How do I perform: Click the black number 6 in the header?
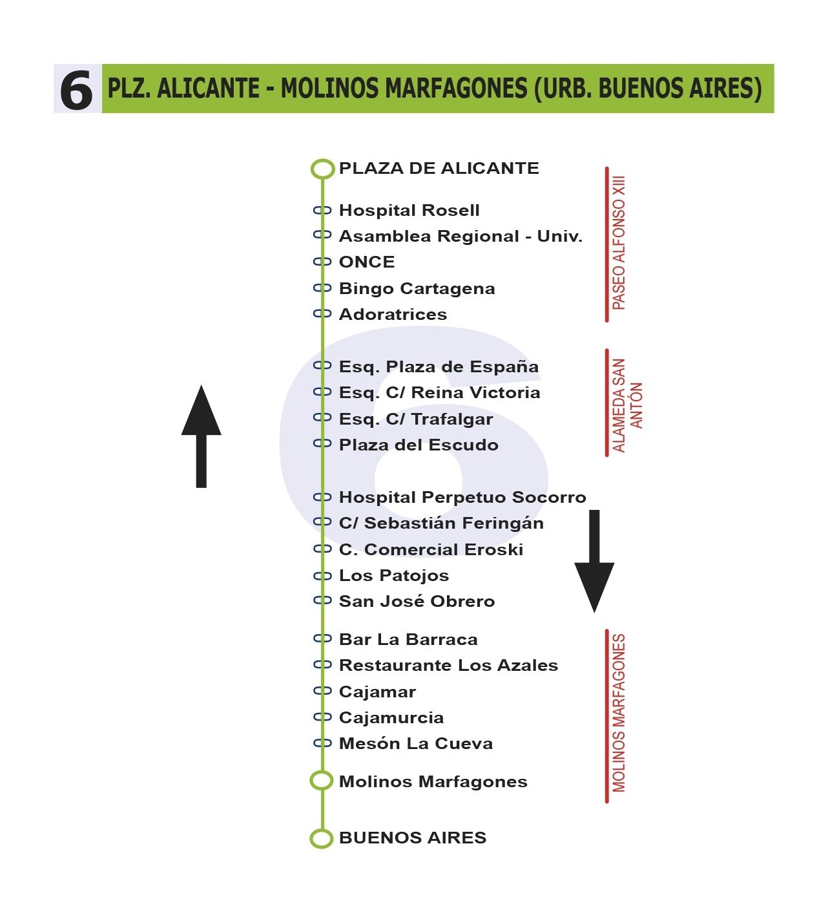(77, 90)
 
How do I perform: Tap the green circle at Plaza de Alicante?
(322, 169)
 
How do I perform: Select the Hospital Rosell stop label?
(409, 211)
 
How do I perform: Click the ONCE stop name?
(367, 262)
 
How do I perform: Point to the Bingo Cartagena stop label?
(417, 289)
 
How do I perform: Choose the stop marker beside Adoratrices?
(322, 314)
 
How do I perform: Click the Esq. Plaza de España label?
(439, 367)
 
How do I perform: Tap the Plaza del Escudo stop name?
(419, 445)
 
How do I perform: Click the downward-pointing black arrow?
(594, 560)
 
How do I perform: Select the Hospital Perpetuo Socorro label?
(462, 498)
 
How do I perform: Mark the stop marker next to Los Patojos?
(322, 576)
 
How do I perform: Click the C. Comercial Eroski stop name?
(431, 550)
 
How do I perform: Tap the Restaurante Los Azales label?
(448, 666)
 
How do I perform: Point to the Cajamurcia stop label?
(391, 718)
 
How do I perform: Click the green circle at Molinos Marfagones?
(322, 781)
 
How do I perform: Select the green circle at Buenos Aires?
(322, 838)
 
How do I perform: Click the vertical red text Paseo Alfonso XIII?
(619, 243)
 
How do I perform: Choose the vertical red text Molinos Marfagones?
(619, 713)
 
